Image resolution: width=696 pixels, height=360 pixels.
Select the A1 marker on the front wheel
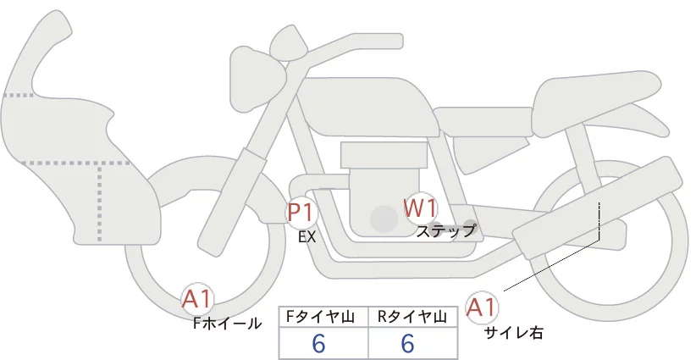tap(198, 299)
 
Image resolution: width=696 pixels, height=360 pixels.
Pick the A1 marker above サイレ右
tap(483, 307)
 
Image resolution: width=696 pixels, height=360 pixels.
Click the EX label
tap(307, 237)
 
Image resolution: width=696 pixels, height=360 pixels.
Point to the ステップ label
tap(446, 230)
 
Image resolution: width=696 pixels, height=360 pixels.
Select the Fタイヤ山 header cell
tap(323, 317)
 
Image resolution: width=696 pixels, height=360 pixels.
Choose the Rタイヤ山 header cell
tap(412, 317)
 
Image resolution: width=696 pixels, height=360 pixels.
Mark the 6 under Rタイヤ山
tap(407, 344)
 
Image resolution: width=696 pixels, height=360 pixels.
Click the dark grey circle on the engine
tap(384, 220)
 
